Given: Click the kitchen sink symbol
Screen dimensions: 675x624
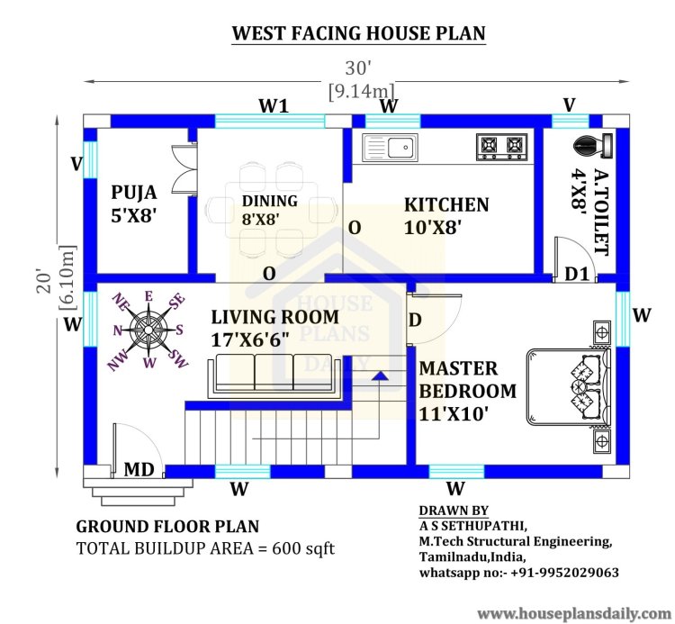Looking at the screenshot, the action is click(x=390, y=148).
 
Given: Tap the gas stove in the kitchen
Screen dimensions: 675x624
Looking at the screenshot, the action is click(x=502, y=147).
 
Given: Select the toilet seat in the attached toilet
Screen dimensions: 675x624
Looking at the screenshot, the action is click(x=593, y=146).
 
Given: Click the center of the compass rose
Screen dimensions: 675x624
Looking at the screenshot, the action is click(x=148, y=330).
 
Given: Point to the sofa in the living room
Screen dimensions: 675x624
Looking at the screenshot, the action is click(x=274, y=375).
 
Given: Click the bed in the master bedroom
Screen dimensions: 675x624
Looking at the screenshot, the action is click(x=568, y=386).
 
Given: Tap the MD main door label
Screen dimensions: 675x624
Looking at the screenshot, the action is click(x=139, y=469).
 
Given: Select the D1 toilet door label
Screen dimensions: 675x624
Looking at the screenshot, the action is click(x=576, y=274).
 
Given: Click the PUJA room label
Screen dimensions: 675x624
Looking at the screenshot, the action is click(x=134, y=192).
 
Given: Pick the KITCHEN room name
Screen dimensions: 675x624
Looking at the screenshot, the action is click(x=446, y=204).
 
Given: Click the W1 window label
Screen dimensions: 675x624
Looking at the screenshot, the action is click(x=274, y=105).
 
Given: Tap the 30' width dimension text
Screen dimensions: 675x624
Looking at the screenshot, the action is click(x=358, y=68).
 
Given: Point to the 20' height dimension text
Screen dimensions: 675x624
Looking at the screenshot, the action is click(x=44, y=281).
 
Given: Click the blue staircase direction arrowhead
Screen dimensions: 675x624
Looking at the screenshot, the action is click(x=380, y=376).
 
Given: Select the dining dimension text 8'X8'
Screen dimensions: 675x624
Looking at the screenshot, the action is click(x=261, y=219).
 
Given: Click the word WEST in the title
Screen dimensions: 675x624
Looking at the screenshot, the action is click(x=258, y=33).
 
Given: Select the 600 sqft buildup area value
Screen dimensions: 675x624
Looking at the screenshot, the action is click(x=303, y=548).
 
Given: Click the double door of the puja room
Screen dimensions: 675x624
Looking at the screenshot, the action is click(x=184, y=168).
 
